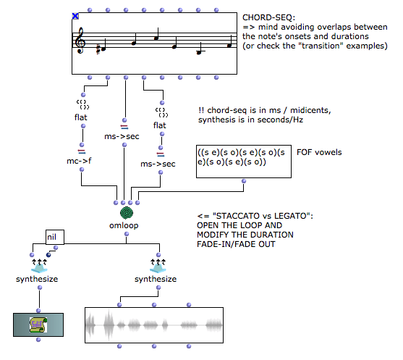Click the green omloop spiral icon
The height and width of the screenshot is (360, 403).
pos(127,213)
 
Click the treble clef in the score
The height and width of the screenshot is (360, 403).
pos(80,41)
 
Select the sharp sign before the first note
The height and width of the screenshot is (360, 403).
pos(98,49)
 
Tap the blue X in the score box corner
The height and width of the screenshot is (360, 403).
pos(75,16)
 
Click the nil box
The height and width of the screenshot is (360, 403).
pos(55,237)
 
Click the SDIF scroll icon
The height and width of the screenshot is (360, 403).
pos(38,325)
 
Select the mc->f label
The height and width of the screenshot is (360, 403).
pos(79,161)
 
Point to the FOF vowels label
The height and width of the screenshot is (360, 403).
pos(319,152)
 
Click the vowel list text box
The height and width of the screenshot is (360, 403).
pos(244,162)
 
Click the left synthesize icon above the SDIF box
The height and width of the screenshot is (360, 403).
pos(39,266)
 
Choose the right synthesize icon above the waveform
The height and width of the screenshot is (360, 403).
pos(158,266)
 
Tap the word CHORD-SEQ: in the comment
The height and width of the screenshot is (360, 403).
pos(269,17)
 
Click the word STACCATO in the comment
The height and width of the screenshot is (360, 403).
pos(237,216)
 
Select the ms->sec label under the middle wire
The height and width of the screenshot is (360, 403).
pos(122,136)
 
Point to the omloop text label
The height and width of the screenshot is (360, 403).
pos(124,225)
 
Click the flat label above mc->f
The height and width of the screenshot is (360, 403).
pos(81,117)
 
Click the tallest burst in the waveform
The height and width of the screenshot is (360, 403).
pos(109,325)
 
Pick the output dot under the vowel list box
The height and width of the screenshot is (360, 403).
pos(244,181)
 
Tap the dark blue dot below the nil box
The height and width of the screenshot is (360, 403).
pos(48,255)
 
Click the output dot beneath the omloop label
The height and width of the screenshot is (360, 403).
pos(127,234)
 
